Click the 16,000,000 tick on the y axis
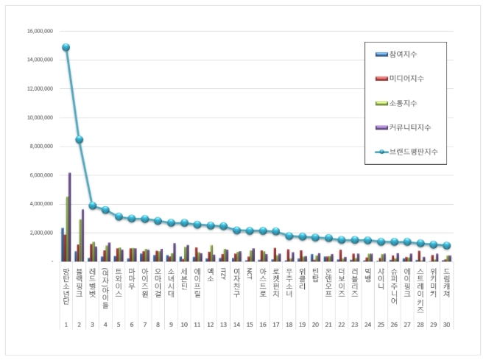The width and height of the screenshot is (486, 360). (x=38, y=32)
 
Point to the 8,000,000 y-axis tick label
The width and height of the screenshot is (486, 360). (x=40, y=146)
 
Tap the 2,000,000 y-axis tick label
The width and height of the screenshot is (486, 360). (x=40, y=233)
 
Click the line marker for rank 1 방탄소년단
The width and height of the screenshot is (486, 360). (x=66, y=47)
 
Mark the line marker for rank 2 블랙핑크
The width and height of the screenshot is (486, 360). (x=80, y=140)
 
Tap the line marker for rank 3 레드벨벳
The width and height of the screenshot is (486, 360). (x=93, y=205)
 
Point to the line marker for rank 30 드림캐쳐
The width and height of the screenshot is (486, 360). (x=447, y=245)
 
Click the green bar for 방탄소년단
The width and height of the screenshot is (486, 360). (x=67, y=228)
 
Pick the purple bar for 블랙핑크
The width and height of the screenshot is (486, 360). (x=83, y=235)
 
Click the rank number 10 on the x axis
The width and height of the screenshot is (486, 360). (x=184, y=303)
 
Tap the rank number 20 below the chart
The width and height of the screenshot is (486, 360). (x=315, y=303)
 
